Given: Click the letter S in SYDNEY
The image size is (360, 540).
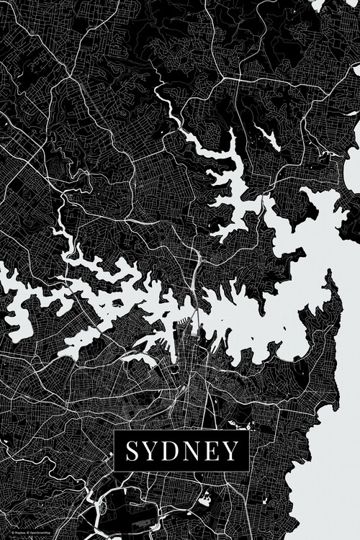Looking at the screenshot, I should pos(134,451).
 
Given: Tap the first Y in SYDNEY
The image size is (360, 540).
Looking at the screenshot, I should pos(153,451).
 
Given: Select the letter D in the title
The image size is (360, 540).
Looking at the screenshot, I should pos(173,451).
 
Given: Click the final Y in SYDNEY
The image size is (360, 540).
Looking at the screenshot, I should pos(230,451).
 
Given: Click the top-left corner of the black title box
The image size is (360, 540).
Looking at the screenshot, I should pos(115,431).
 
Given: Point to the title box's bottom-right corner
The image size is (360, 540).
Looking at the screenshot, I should pos(248,470).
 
